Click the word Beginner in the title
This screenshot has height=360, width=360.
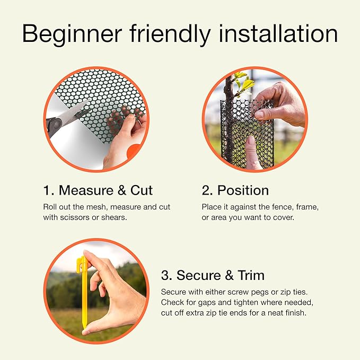72,34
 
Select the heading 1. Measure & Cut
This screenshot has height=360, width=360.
98,190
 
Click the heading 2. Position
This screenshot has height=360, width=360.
235,190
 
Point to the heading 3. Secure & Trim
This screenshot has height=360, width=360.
213,275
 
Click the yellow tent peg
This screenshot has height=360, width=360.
83,292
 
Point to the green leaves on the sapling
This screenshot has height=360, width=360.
244,82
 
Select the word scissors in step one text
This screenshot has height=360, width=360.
75,217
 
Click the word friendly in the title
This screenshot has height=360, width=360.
170,34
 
